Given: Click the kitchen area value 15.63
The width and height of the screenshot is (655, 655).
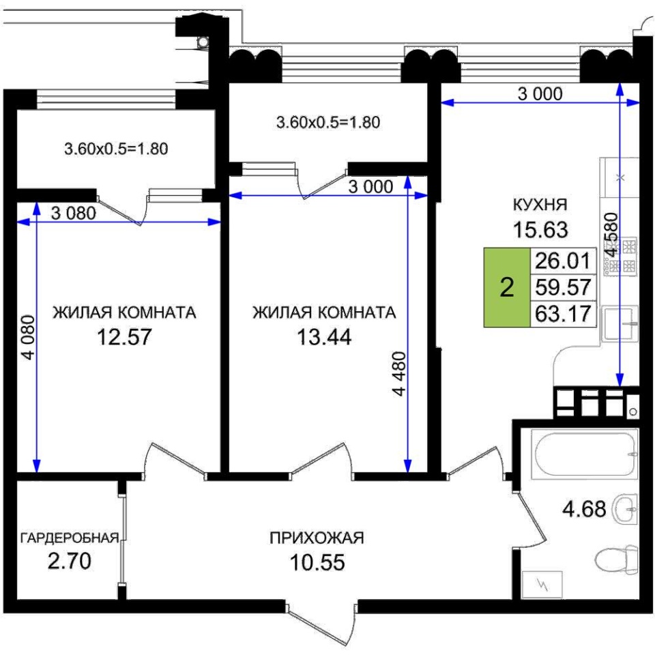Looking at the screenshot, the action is click(x=540, y=229).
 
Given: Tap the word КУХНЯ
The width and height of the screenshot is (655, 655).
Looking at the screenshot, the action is click(x=540, y=205).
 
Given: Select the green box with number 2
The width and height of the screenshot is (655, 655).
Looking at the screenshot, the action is click(x=507, y=287).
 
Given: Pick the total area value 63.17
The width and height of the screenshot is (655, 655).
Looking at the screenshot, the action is click(x=563, y=314).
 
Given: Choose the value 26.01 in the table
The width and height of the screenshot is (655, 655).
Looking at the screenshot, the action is click(x=563, y=261).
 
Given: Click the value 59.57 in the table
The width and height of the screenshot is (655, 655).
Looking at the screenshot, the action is click(x=563, y=287).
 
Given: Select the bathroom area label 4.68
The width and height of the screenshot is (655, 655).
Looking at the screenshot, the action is click(x=584, y=509).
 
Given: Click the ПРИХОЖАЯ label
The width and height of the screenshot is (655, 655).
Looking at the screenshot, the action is click(x=317, y=538).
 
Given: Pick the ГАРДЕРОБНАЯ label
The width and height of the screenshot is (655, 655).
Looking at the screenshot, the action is click(x=70, y=538).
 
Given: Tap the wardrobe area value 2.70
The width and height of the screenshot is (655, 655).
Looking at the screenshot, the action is click(x=70, y=561).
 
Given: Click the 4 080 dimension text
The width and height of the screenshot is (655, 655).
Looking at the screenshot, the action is click(x=29, y=337).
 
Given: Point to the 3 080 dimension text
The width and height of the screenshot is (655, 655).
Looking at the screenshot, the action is click(x=74, y=214).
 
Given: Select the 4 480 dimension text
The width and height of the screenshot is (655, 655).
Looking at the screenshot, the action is click(x=399, y=374).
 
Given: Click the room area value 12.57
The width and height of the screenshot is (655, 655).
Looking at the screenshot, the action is click(x=124, y=336).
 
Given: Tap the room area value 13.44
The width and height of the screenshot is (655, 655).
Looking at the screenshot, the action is click(x=324, y=336).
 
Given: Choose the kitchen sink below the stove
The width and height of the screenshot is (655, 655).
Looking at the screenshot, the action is click(x=620, y=323).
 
